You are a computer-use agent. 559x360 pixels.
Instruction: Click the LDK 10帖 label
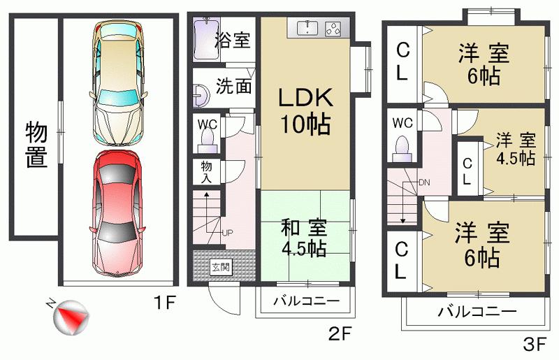point(305,110)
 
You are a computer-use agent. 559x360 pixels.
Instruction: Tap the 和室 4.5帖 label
point(303,238)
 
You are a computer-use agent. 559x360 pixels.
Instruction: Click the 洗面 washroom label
point(233,87)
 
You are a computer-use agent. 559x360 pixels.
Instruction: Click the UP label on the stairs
point(228,233)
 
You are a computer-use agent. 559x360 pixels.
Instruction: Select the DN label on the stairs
point(424,182)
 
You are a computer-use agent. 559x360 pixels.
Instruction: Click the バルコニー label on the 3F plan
point(477,312)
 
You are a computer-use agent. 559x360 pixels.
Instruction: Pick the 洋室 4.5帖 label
point(516,148)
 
